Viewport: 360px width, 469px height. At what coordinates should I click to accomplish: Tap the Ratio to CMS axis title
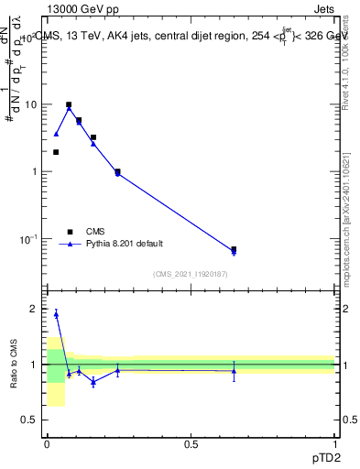[x=14, y=365]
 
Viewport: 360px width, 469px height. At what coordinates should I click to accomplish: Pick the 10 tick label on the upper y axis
[x=30, y=104]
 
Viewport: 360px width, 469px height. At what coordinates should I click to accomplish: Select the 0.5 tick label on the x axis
[x=191, y=444]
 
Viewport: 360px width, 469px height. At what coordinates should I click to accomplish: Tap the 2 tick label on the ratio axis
[x=36, y=310]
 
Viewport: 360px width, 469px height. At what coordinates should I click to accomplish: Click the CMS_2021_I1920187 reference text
[x=191, y=273]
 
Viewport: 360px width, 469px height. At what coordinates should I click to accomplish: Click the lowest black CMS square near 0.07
[x=234, y=249]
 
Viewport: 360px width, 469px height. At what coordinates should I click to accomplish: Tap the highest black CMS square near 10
[x=69, y=104]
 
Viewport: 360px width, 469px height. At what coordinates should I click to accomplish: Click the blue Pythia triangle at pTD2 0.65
[x=234, y=252]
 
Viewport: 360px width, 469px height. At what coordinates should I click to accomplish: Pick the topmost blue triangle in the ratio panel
[x=56, y=314]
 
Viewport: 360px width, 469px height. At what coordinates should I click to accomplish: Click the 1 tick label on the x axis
[x=334, y=444]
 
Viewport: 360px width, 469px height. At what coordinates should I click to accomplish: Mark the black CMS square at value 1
[x=117, y=171]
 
